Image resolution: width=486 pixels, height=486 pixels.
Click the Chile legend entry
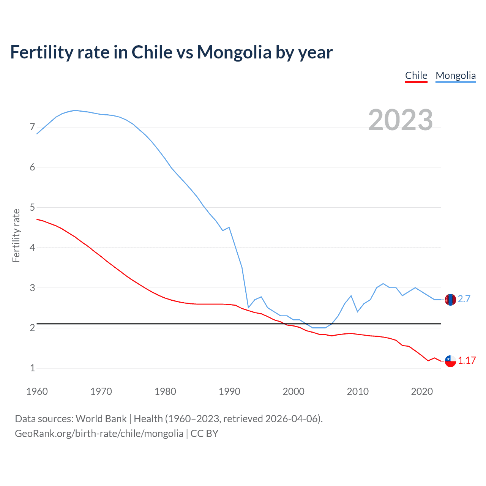pyautogui.click(x=416, y=76)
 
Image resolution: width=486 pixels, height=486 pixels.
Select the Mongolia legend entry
pyautogui.click(x=456, y=76)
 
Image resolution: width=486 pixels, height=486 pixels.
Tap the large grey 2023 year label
pyautogui.click(x=400, y=120)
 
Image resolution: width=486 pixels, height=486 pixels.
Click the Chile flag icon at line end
pyautogui.click(x=450, y=361)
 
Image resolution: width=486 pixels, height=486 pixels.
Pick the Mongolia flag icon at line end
pyautogui.click(x=450, y=300)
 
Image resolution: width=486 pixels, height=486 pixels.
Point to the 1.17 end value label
pyautogui.click(x=467, y=360)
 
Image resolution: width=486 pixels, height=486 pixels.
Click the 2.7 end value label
pyautogui.click(x=464, y=299)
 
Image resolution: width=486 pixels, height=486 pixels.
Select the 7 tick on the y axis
pyautogui.click(x=32, y=127)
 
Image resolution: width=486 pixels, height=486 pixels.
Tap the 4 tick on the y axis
pyautogui.click(x=32, y=248)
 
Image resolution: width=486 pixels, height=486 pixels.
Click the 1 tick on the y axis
pyautogui.click(x=32, y=368)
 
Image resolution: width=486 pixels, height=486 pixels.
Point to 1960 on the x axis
pyautogui.click(x=37, y=391)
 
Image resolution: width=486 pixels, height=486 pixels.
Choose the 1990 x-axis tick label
pyautogui.click(x=229, y=391)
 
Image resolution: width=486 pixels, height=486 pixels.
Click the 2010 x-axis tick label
pyautogui.click(x=358, y=391)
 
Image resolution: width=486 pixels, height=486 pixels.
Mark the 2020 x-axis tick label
pyautogui.click(x=422, y=391)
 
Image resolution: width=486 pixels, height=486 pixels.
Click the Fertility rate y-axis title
pyautogui.click(x=16, y=235)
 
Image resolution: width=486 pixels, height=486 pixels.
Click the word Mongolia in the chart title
pyautogui.click(x=234, y=52)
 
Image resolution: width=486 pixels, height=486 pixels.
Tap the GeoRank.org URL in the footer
pyautogui.click(x=99, y=434)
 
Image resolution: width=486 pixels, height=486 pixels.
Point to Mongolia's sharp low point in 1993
pyautogui.click(x=248, y=307)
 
